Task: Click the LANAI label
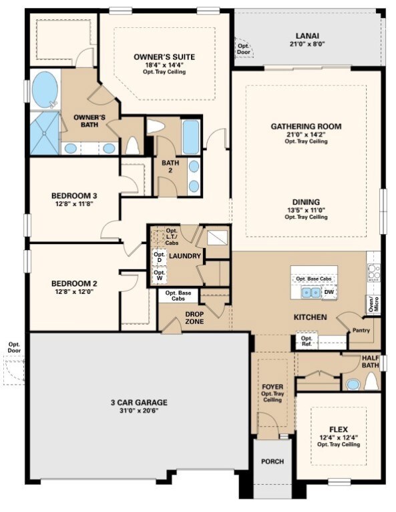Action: [x=311, y=36]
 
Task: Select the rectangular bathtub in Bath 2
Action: [x=191, y=137]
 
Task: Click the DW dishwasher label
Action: [x=329, y=292]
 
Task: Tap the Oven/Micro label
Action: [x=373, y=304]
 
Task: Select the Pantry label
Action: [x=361, y=330]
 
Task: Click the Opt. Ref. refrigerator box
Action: [x=307, y=341]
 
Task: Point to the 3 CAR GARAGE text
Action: [x=139, y=402]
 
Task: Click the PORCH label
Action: [x=272, y=461]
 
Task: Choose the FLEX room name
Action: [x=339, y=429]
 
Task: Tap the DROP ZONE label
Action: [x=194, y=318]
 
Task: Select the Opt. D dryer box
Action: [x=159, y=257]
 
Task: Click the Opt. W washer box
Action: [x=159, y=275]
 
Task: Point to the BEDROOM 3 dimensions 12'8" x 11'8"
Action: [x=75, y=205]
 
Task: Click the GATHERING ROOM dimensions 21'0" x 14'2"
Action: [x=306, y=135]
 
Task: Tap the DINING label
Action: [x=306, y=201]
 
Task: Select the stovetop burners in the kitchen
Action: [x=373, y=271]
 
